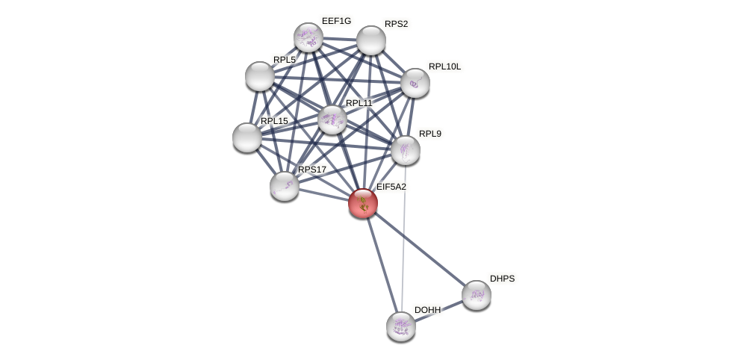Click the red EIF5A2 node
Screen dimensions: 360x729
pyautogui.click(x=363, y=203)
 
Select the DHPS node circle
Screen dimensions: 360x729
pyautogui.click(x=477, y=295)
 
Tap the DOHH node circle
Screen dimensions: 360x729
pyautogui.click(x=401, y=326)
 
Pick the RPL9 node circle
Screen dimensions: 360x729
pyautogui.click(x=406, y=150)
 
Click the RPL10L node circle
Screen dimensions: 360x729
pyautogui.click(x=415, y=83)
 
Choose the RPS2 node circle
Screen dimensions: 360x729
pyautogui.click(x=371, y=40)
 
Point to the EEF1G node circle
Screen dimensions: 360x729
pyautogui.click(x=308, y=37)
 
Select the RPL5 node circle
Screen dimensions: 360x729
pyautogui.click(x=260, y=76)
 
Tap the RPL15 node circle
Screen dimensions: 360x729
pyautogui.click(x=247, y=137)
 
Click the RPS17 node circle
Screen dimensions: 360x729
pyautogui.click(x=285, y=186)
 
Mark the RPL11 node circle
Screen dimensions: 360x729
pyautogui.click(x=332, y=120)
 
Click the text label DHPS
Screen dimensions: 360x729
pyautogui.click(x=502, y=279)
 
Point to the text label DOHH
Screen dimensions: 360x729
pyautogui.click(x=428, y=310)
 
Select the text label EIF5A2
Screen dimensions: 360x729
pyautogui.click(x=391, y=187)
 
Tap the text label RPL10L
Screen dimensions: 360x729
pyautogui.click(x=444, y=66)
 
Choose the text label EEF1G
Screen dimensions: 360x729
pyautogui.click(x=336, y=21)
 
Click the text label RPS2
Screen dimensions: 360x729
pyautogui.click(x=396, y=24)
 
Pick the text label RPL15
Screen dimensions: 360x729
pyautogui.click(x=274, y=121)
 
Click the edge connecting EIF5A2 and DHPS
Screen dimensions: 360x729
pyautogui.click(x=420, y=249)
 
